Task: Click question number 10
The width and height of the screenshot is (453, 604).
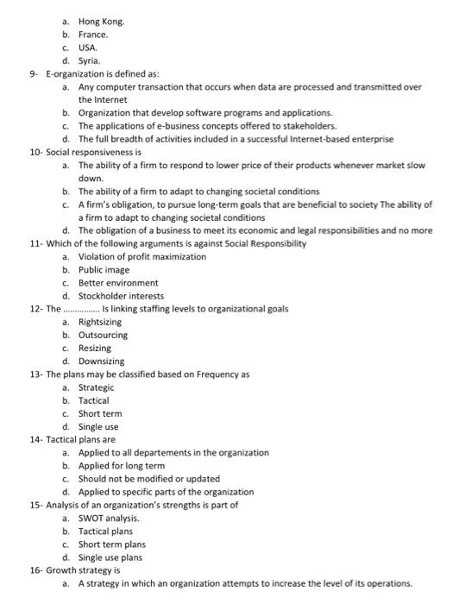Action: coord(35,152)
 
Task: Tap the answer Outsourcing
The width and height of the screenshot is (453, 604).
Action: coord(104,335)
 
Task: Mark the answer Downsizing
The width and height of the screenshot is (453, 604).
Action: coord(102,361)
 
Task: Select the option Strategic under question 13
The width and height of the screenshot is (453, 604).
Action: coord(96,387)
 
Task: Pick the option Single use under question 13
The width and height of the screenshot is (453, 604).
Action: coord(98,426)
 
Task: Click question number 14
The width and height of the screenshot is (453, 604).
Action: coord(35,439)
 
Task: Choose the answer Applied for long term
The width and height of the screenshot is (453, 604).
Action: coord(122,465)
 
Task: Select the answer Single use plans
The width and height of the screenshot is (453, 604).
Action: coord(112,557)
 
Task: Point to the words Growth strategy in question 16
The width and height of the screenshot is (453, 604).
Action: coord(83,569)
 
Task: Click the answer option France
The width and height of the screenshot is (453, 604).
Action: coord(93,35)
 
